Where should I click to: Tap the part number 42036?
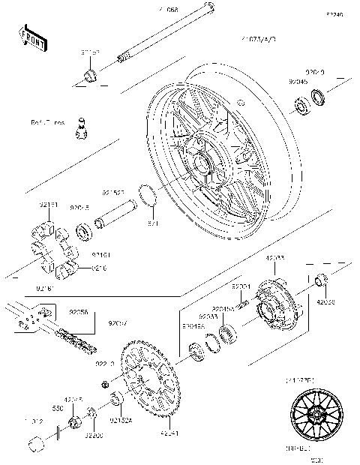tap(326, 302)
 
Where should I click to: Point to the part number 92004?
tap(240, 286)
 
